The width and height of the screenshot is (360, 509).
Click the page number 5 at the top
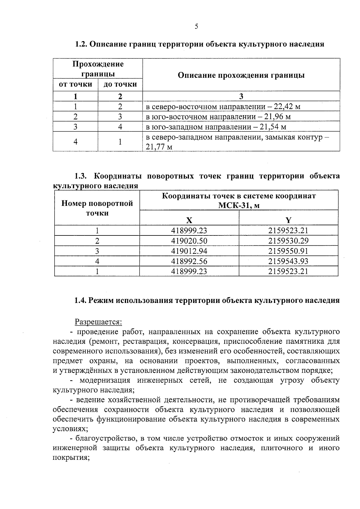tap(196, 27)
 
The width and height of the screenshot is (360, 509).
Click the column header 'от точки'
tap(75, 84)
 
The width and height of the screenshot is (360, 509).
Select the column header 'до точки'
tap(120, 84)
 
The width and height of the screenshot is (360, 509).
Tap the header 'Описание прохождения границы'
tap(241, 75)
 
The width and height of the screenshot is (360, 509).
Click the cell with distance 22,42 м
tap(223, 107)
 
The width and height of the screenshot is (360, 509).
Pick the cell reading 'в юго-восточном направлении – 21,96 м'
tap(218, 117)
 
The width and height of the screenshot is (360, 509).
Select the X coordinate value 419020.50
tap(189, 241)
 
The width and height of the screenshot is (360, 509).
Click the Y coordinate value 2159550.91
tap(288, 251)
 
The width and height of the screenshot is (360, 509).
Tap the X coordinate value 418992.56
tap(189, 261)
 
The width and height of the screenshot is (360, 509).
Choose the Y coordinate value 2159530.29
tap(288, 241)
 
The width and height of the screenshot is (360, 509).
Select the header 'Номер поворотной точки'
tap(97, 208)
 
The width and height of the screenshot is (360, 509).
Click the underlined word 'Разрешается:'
tap(98, 322)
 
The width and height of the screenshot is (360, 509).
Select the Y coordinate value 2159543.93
tap(288, 261)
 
